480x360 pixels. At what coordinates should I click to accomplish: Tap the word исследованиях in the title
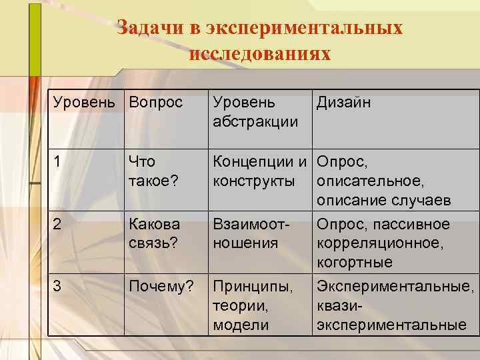259,53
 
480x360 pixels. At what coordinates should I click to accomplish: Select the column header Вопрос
155,103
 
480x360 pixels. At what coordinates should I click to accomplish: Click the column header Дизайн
343,103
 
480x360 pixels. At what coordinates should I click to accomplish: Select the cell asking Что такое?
154,171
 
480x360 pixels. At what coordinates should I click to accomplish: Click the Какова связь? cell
154,234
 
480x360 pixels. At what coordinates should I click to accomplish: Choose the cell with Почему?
162,287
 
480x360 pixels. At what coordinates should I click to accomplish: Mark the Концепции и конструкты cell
259,171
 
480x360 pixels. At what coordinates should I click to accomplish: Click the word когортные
355,263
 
